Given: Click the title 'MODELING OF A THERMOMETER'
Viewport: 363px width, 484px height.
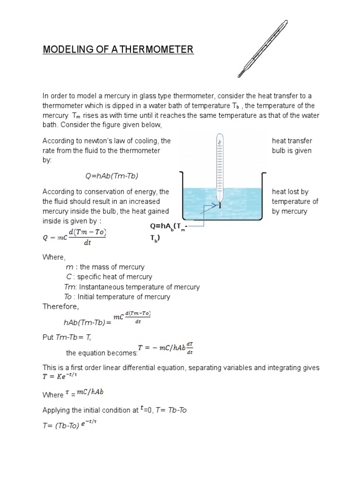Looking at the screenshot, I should [118, 50].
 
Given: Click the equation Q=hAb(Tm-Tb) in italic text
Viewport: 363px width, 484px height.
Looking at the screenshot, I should [112, 176].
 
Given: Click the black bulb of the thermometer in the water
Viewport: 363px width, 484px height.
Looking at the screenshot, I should [220, 205].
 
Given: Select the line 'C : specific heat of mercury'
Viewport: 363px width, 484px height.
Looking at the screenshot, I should [109, 277].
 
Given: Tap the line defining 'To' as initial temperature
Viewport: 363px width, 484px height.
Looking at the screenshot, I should [117, 297].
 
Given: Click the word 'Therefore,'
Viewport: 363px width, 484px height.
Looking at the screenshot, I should [61, 306].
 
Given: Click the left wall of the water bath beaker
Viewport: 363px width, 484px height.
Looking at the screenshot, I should [182, 201].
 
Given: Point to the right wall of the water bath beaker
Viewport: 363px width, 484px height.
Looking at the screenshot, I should [263, 201].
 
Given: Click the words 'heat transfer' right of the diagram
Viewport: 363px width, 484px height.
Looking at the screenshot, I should [292, 141].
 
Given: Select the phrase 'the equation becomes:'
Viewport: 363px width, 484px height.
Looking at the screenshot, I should [102, 353].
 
